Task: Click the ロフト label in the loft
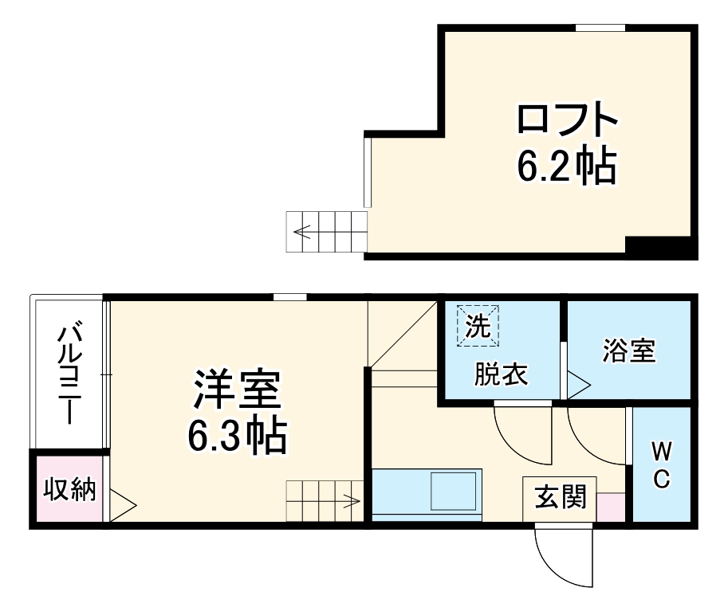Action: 568,122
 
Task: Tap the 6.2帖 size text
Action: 567,166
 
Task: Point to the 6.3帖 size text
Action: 237,435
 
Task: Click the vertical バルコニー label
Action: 70,372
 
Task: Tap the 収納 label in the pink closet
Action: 69,489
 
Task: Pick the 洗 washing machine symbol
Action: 476,327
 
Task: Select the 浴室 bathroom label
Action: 628,351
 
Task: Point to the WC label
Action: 661,466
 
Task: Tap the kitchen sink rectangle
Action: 456,490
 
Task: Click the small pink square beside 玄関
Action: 611,507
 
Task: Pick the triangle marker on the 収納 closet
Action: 122,504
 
